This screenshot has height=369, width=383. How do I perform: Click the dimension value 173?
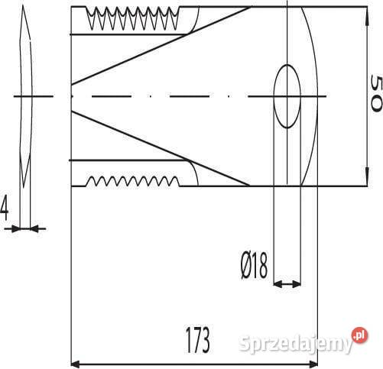coord(198,340)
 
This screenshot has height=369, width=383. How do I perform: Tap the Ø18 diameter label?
coord(255,265)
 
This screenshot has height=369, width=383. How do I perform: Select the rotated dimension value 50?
coord(376,93)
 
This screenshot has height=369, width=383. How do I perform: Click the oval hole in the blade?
coord(287,96)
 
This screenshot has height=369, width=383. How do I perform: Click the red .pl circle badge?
coord(359,335)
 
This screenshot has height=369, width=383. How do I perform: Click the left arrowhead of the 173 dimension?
coord(76,364)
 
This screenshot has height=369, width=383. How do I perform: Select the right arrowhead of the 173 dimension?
coord(313,364)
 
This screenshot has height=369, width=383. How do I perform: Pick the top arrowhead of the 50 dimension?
coord(367,16)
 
